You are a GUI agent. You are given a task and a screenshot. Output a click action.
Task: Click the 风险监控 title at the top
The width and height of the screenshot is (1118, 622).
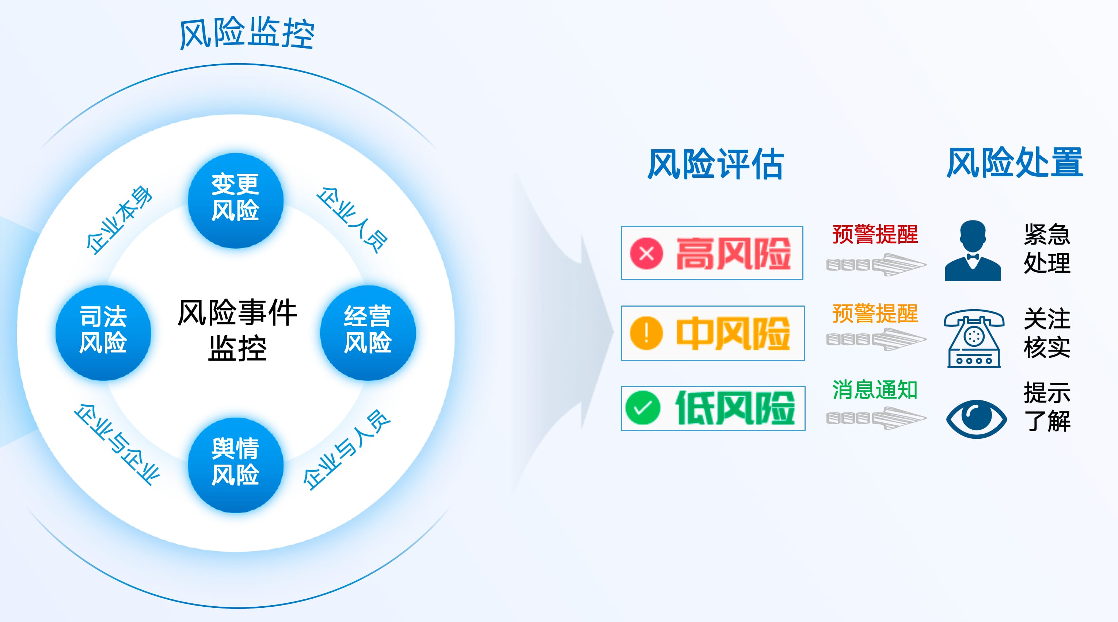pyautogui.click(x=247, y=33)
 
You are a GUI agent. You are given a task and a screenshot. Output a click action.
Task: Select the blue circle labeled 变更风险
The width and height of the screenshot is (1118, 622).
pyautogui.click(x=236, y=200)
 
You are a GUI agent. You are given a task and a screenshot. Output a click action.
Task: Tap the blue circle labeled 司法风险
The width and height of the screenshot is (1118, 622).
pyautogui.click(x=103, y=333)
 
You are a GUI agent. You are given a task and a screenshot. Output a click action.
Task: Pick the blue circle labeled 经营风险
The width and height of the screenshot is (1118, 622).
pyautogui.click(x=368, y=333)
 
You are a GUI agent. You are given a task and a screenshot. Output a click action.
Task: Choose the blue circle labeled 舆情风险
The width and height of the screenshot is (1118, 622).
pyautogui.click(x=236, y=465)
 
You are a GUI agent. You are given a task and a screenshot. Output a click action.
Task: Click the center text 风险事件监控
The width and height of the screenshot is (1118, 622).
pyautogui.click(x=237, y=330)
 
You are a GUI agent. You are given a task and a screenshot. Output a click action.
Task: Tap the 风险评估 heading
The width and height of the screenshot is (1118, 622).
pyautogui.click(x=716, y=164)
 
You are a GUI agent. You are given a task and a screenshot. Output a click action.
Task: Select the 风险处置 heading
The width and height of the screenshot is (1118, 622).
pyautogui.click(x=1015, y=163)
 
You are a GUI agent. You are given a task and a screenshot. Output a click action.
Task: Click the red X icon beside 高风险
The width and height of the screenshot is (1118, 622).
pyautogui.click(x=647, y=253)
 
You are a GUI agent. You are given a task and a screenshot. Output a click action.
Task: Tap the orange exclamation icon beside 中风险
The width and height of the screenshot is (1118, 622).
pyautogui.click(x=647, y=333)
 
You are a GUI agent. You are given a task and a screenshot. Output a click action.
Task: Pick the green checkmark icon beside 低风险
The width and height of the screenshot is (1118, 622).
pyautogui.click(x=643, y=408)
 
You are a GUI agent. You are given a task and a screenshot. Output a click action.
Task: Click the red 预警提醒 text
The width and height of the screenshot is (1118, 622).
pyautogui.click(x=875, y=234)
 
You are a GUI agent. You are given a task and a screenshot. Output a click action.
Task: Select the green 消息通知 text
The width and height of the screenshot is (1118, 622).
pyautogui.click(x=875, y=389)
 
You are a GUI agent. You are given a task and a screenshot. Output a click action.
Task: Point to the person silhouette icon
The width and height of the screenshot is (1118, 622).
pyautogui.click(x=973, y=251)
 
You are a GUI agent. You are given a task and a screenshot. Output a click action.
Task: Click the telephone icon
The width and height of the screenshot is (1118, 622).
pyautogui.click(x=974, y=338)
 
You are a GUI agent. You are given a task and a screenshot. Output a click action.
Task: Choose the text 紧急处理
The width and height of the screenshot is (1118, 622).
pyautogui.click(x=1047, y=249)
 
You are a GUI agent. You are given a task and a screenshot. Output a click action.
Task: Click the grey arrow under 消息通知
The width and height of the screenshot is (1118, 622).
pyautogui.click(x=876, y=418)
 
